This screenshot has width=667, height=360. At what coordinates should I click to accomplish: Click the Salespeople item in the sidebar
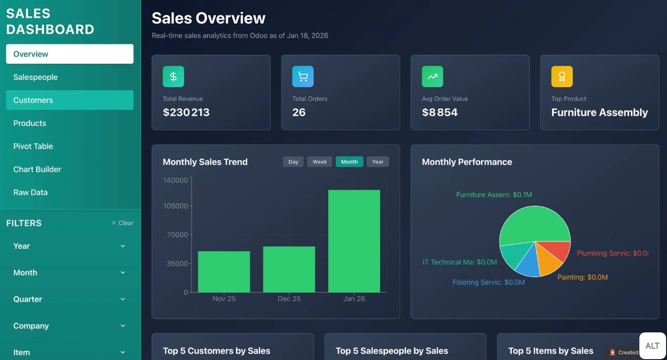point(36,77)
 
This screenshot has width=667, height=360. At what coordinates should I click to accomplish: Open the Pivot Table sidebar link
point(33,146)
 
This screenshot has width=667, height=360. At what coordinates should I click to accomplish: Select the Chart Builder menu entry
point(37,169)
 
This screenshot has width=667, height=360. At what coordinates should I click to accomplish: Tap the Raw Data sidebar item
point(30,192)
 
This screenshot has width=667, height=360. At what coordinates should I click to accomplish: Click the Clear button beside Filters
point(122,223)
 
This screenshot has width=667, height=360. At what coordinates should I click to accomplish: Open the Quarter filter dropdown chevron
point(122,299)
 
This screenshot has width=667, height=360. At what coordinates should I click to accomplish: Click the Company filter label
point(31,326)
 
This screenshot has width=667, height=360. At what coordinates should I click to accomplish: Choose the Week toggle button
point(320,162)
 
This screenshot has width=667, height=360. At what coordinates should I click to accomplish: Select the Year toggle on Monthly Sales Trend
point(378,162)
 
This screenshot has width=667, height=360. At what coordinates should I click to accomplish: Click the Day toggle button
point(293,162)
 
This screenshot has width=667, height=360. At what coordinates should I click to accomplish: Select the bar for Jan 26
point(354,241)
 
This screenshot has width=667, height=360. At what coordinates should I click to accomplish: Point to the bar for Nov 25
point(224,271)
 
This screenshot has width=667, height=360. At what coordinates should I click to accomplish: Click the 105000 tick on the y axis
point(175,206)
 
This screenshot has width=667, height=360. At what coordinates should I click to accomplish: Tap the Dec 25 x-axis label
point(289,299)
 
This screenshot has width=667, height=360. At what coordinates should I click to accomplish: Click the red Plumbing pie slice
point(558,250)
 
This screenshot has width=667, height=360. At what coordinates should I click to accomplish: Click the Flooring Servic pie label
point(488,282)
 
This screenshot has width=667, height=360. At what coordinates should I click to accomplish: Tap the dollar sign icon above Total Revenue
point(173,77)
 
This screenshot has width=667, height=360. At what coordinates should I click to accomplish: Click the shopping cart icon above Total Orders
point(303,77)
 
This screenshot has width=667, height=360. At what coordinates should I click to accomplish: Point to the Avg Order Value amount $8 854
point(440,112)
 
